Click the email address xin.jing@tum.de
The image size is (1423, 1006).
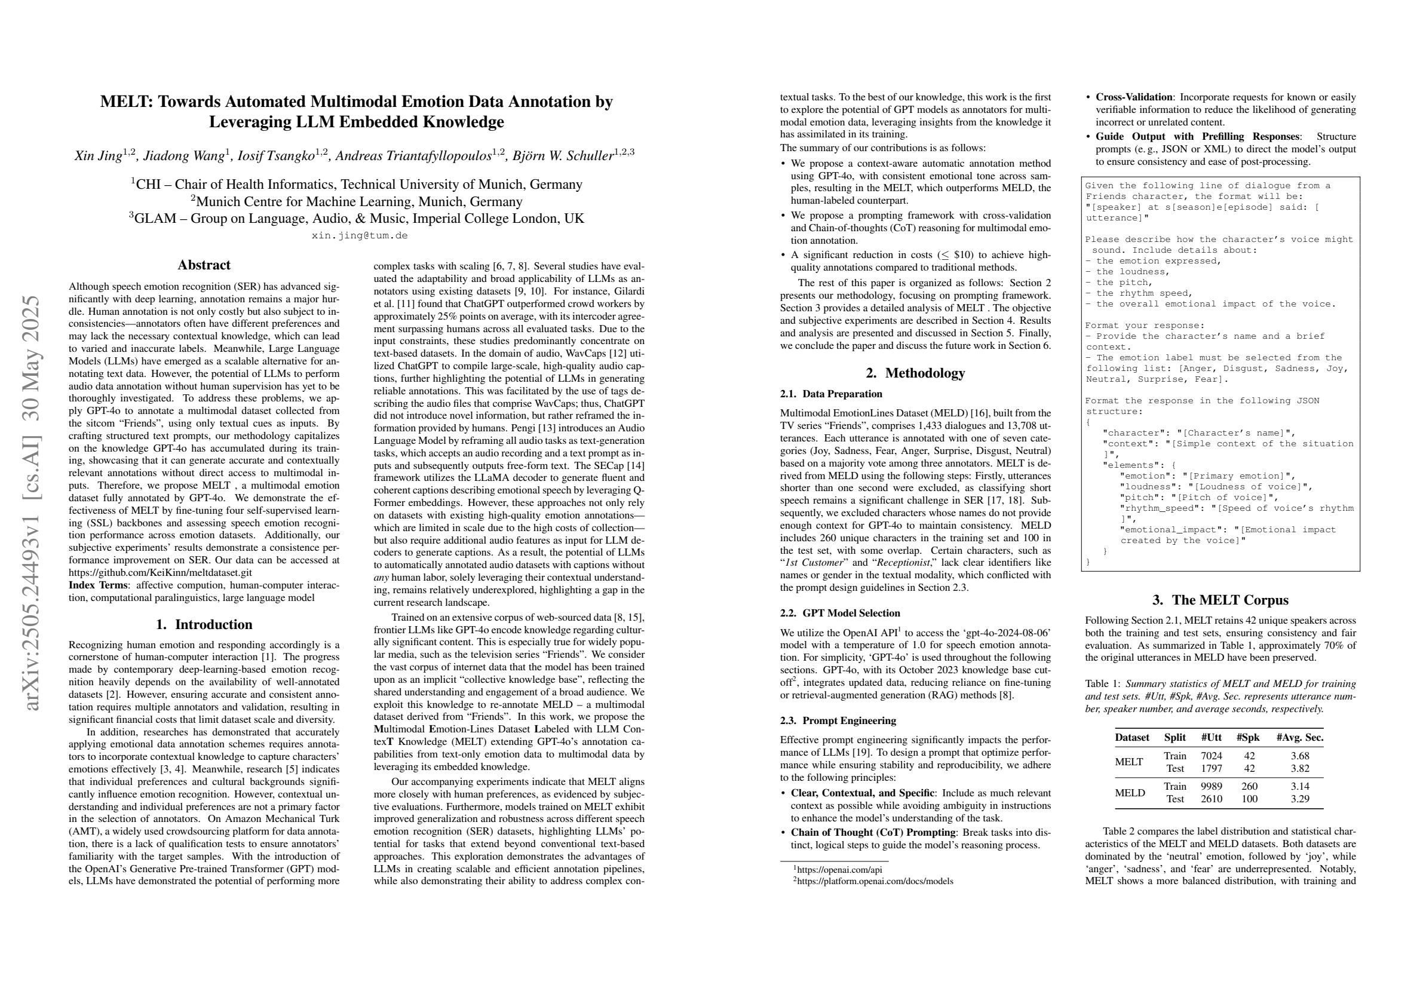coord(360,235)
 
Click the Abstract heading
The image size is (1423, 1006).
coord(204,265)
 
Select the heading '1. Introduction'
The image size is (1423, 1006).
coord(204,624)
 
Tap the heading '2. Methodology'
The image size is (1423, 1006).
coord(915,373)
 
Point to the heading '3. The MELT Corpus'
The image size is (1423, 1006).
coord(1221,599)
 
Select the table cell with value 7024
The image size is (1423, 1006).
coord(1211,756)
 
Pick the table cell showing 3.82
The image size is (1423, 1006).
coord(1299,769)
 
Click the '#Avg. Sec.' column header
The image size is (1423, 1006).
coord(1300,737)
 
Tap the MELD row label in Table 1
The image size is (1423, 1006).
coord(1129,792)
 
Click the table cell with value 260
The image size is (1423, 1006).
coord(1250,786)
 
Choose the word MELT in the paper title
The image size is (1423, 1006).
coord(124,102)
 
